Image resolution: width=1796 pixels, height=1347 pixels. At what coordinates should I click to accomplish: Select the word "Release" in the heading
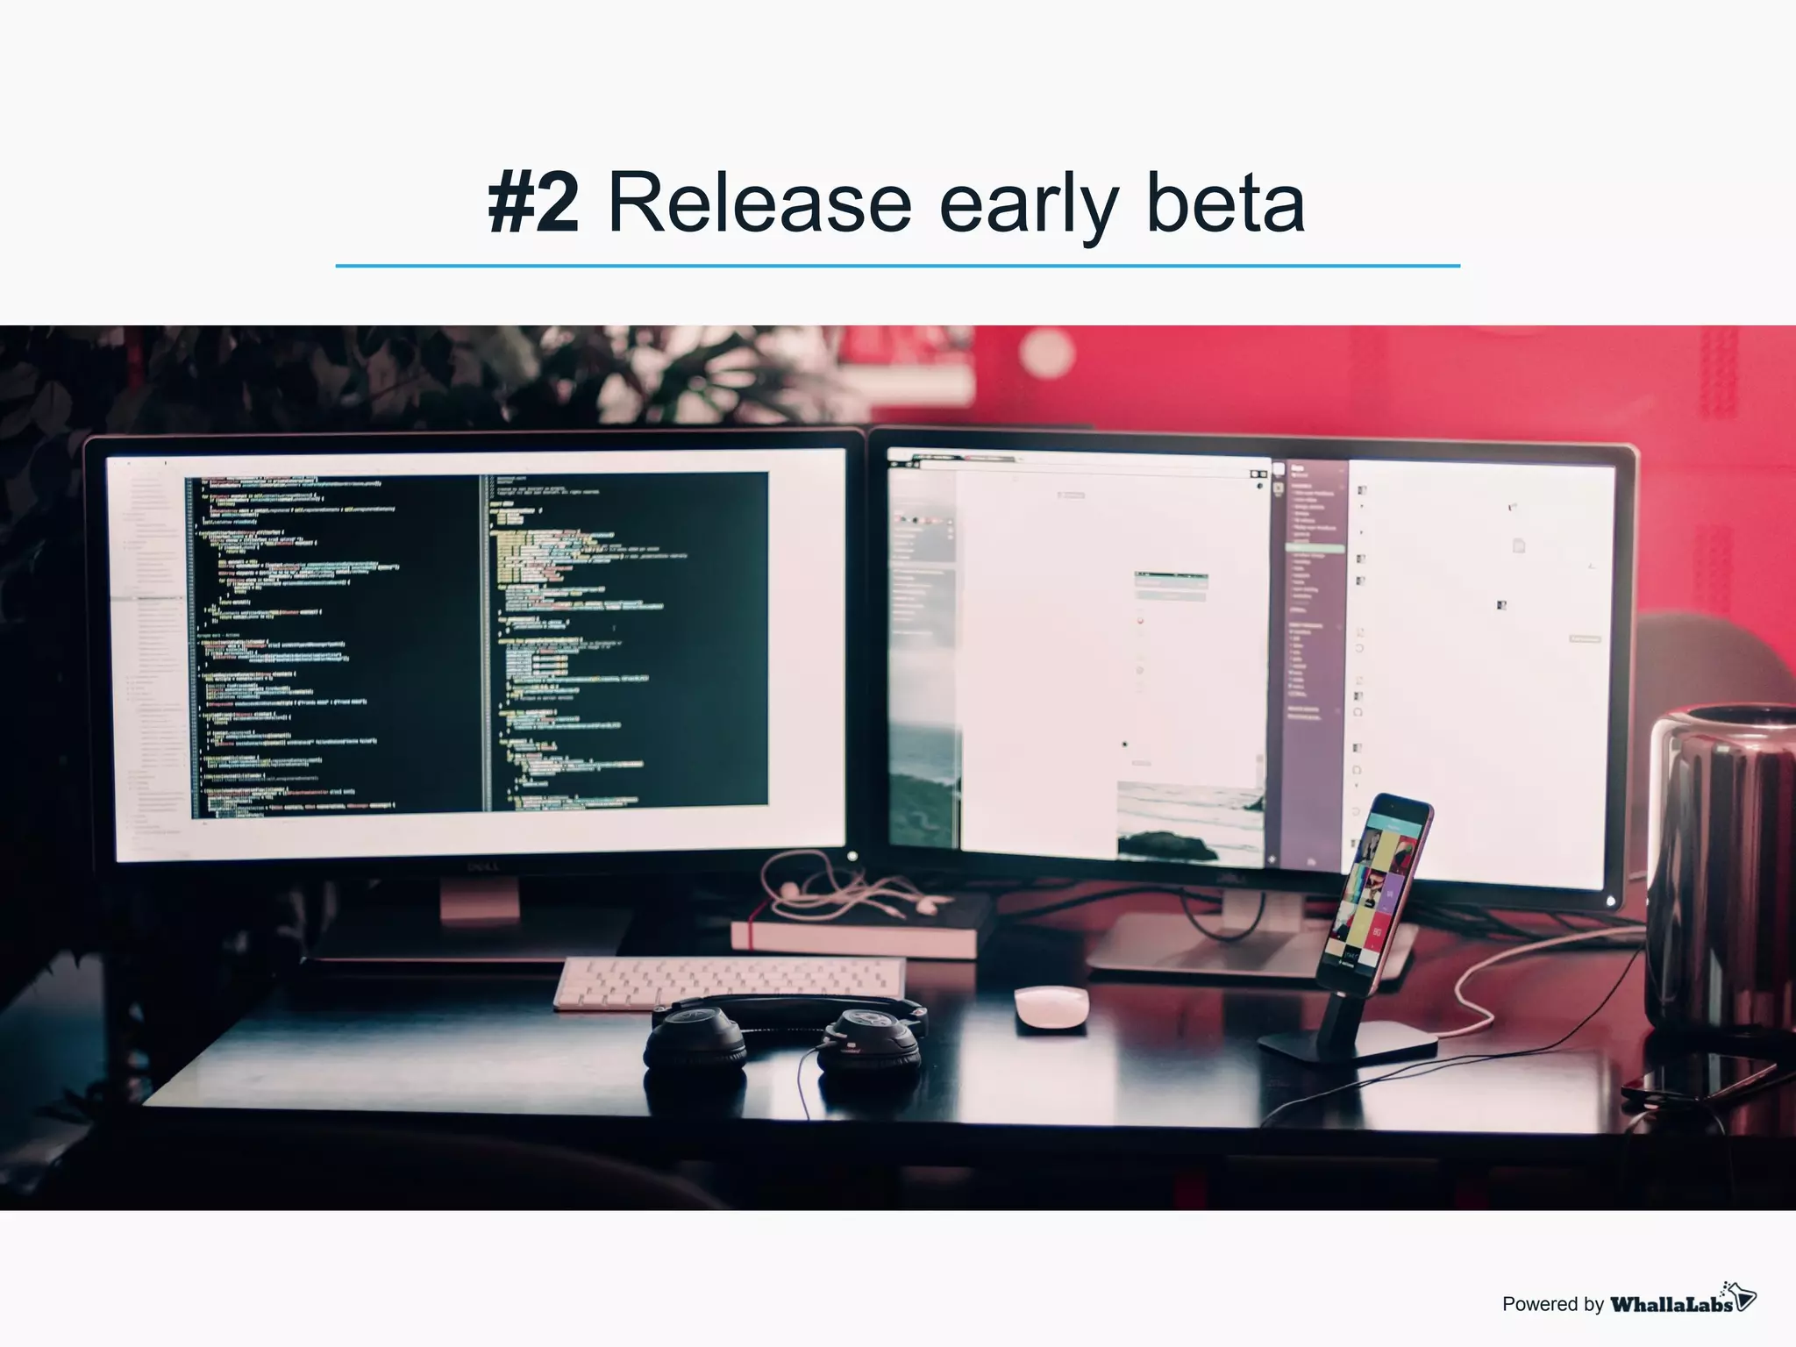click(x=759, y=203)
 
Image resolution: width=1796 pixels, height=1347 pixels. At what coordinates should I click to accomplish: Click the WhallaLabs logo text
click(x=1671, y=1304)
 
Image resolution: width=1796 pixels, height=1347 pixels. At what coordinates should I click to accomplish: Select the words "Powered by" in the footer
click(x=1552, y=1305)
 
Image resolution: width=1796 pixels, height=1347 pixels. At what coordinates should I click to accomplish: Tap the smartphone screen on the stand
click(x=1378, y=886)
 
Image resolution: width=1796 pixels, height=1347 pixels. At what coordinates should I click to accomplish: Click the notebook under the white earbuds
click(x=855, y=936)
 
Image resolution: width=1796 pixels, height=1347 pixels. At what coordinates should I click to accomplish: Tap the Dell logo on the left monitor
click(x=482, y=867)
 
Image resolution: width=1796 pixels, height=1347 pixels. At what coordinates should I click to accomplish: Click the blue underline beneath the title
click(x=897, y=265)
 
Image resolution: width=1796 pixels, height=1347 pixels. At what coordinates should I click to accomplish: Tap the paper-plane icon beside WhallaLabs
click(x=1742, y=1295)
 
